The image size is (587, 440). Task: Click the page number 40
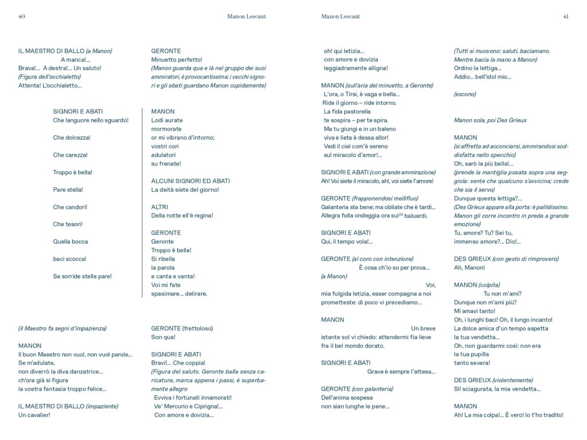(x=22, y=17)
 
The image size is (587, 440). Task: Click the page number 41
(x=565, y=17)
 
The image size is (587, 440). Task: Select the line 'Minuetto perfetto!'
(x=177, y=60)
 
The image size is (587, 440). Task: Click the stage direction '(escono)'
(x=465, y=94)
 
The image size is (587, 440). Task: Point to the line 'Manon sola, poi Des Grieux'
(x=490, y=120)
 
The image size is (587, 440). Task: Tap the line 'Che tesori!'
(x=68, y=224)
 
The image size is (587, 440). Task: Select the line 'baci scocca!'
(x=69, y=259)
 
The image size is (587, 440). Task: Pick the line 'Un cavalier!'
(x=34, y=415)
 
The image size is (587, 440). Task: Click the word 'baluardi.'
(x=414, y=215)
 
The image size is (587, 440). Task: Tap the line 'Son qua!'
(x=163, y=337)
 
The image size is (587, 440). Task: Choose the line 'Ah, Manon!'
(x=469, y=268)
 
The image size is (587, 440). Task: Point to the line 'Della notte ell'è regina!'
(x=182, y=215)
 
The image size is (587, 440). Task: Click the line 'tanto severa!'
(x=472, y=363)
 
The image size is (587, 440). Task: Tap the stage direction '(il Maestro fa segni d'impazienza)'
(x=62, y=329)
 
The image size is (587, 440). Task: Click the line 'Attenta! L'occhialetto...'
(x=50, y=85)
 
